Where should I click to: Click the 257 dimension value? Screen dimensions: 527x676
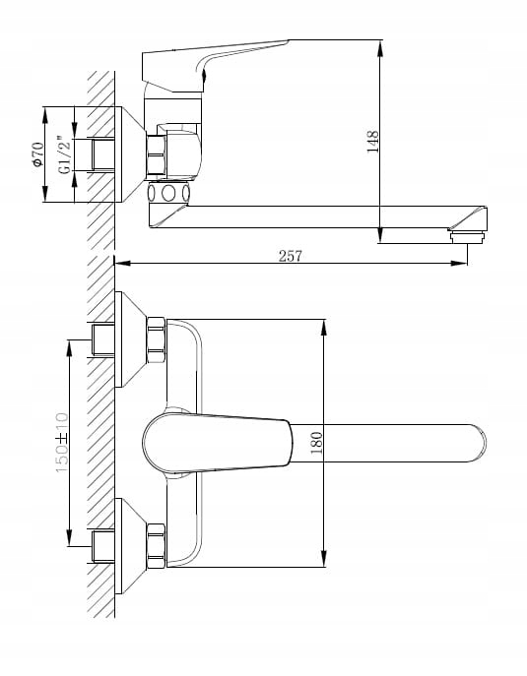pos(290,256)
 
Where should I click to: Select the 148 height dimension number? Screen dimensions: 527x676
pos(372,142)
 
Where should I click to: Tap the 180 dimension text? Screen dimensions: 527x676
pos(317,443)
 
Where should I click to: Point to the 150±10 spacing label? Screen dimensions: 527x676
pos(62,443)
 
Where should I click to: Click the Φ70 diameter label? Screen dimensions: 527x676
pos(38,154)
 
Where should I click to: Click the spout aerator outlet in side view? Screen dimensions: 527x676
pos(468,237)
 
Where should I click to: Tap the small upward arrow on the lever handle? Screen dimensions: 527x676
pos(204,80)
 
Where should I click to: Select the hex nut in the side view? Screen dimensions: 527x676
pos(156,155)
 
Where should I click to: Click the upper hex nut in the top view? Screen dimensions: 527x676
pos(156,340)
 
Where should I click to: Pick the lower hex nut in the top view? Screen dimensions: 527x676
pos(156,546)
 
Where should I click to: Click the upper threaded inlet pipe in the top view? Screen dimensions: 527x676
pos(103,340)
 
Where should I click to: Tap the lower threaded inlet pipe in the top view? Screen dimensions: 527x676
pos(103,546)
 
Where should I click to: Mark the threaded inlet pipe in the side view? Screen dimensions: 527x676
pos(103,155)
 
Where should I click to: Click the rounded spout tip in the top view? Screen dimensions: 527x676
pos(478,443)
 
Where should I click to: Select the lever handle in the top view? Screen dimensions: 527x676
pos(217,443)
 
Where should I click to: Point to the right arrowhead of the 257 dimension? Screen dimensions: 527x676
pos(459,263)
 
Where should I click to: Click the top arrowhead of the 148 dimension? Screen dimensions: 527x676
pos(380,48)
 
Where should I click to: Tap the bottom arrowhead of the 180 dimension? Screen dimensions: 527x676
pos(324,559)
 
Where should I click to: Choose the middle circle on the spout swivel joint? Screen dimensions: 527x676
pos(168,193)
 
